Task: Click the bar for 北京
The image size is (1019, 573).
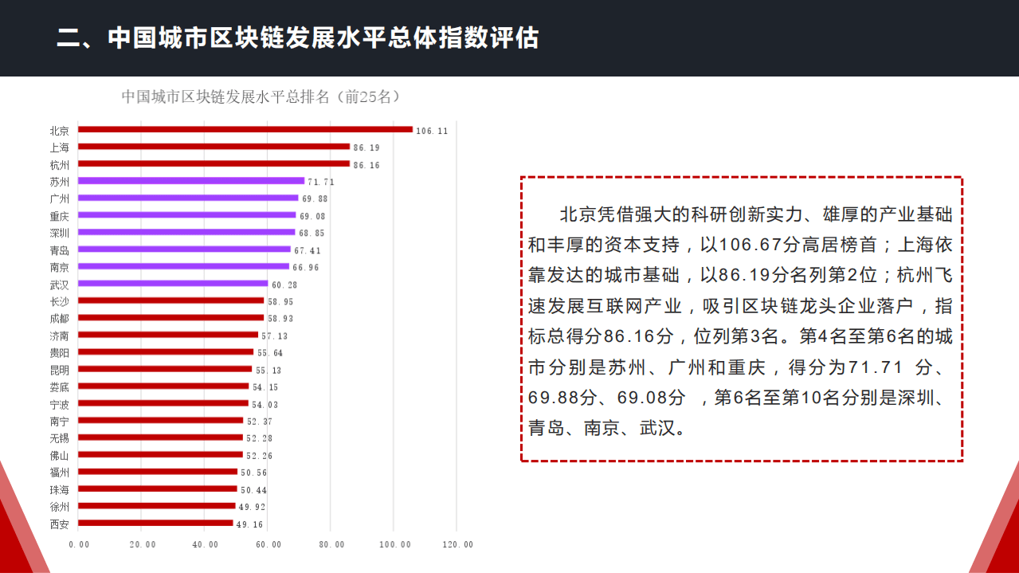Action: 245,129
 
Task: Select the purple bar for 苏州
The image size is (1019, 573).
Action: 191,181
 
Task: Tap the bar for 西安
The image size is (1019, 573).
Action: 155,524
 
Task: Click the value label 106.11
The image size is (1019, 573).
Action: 432,131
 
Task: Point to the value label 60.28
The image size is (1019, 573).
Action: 284,285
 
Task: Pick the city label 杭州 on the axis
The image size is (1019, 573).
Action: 59,164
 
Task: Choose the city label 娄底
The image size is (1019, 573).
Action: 59,387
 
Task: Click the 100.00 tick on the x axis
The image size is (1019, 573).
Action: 394,544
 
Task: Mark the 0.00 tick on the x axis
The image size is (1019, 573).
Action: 79,544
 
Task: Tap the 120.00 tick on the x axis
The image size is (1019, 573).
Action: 457,544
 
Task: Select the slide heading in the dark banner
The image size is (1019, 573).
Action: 297,38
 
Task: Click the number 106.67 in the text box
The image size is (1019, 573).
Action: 752,245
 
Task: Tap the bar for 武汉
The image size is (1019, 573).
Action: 173,283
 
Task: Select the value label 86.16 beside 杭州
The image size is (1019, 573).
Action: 366,165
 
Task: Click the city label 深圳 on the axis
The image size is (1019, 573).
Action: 59,233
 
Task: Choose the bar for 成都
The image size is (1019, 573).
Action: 170,317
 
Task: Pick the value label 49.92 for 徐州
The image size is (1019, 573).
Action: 252,507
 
